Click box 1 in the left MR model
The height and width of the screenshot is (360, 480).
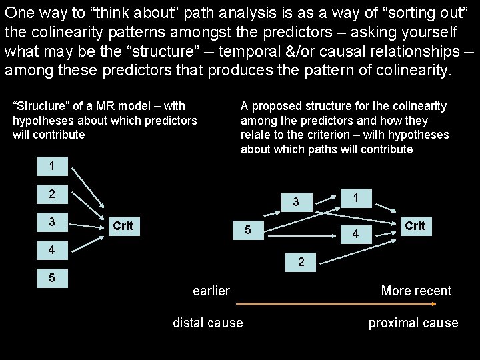click(52, 165)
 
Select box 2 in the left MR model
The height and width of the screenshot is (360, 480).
click(52, 195)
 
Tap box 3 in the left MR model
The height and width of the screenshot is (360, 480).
click(52, 221)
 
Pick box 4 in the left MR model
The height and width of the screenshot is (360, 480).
click(52, 251)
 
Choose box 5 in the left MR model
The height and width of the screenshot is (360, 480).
click(52, 277)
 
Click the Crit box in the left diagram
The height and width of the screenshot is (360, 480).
click(123, 226)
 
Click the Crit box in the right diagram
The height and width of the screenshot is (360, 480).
click(415, 226)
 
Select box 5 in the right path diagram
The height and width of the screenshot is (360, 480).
click(247, 231)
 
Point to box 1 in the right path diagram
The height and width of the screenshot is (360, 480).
click(357, 198)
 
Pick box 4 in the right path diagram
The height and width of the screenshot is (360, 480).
click(355, 234)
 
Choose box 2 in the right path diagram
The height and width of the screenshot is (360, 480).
click(301, 263)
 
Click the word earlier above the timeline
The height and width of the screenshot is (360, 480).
click(211, 291)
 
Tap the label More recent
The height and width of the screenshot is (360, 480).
click(416, 291)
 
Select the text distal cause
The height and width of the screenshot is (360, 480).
click(208, 323)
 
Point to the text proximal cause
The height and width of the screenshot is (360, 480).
click(413, 323)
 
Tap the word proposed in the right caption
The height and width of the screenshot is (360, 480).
click(272, 106)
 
